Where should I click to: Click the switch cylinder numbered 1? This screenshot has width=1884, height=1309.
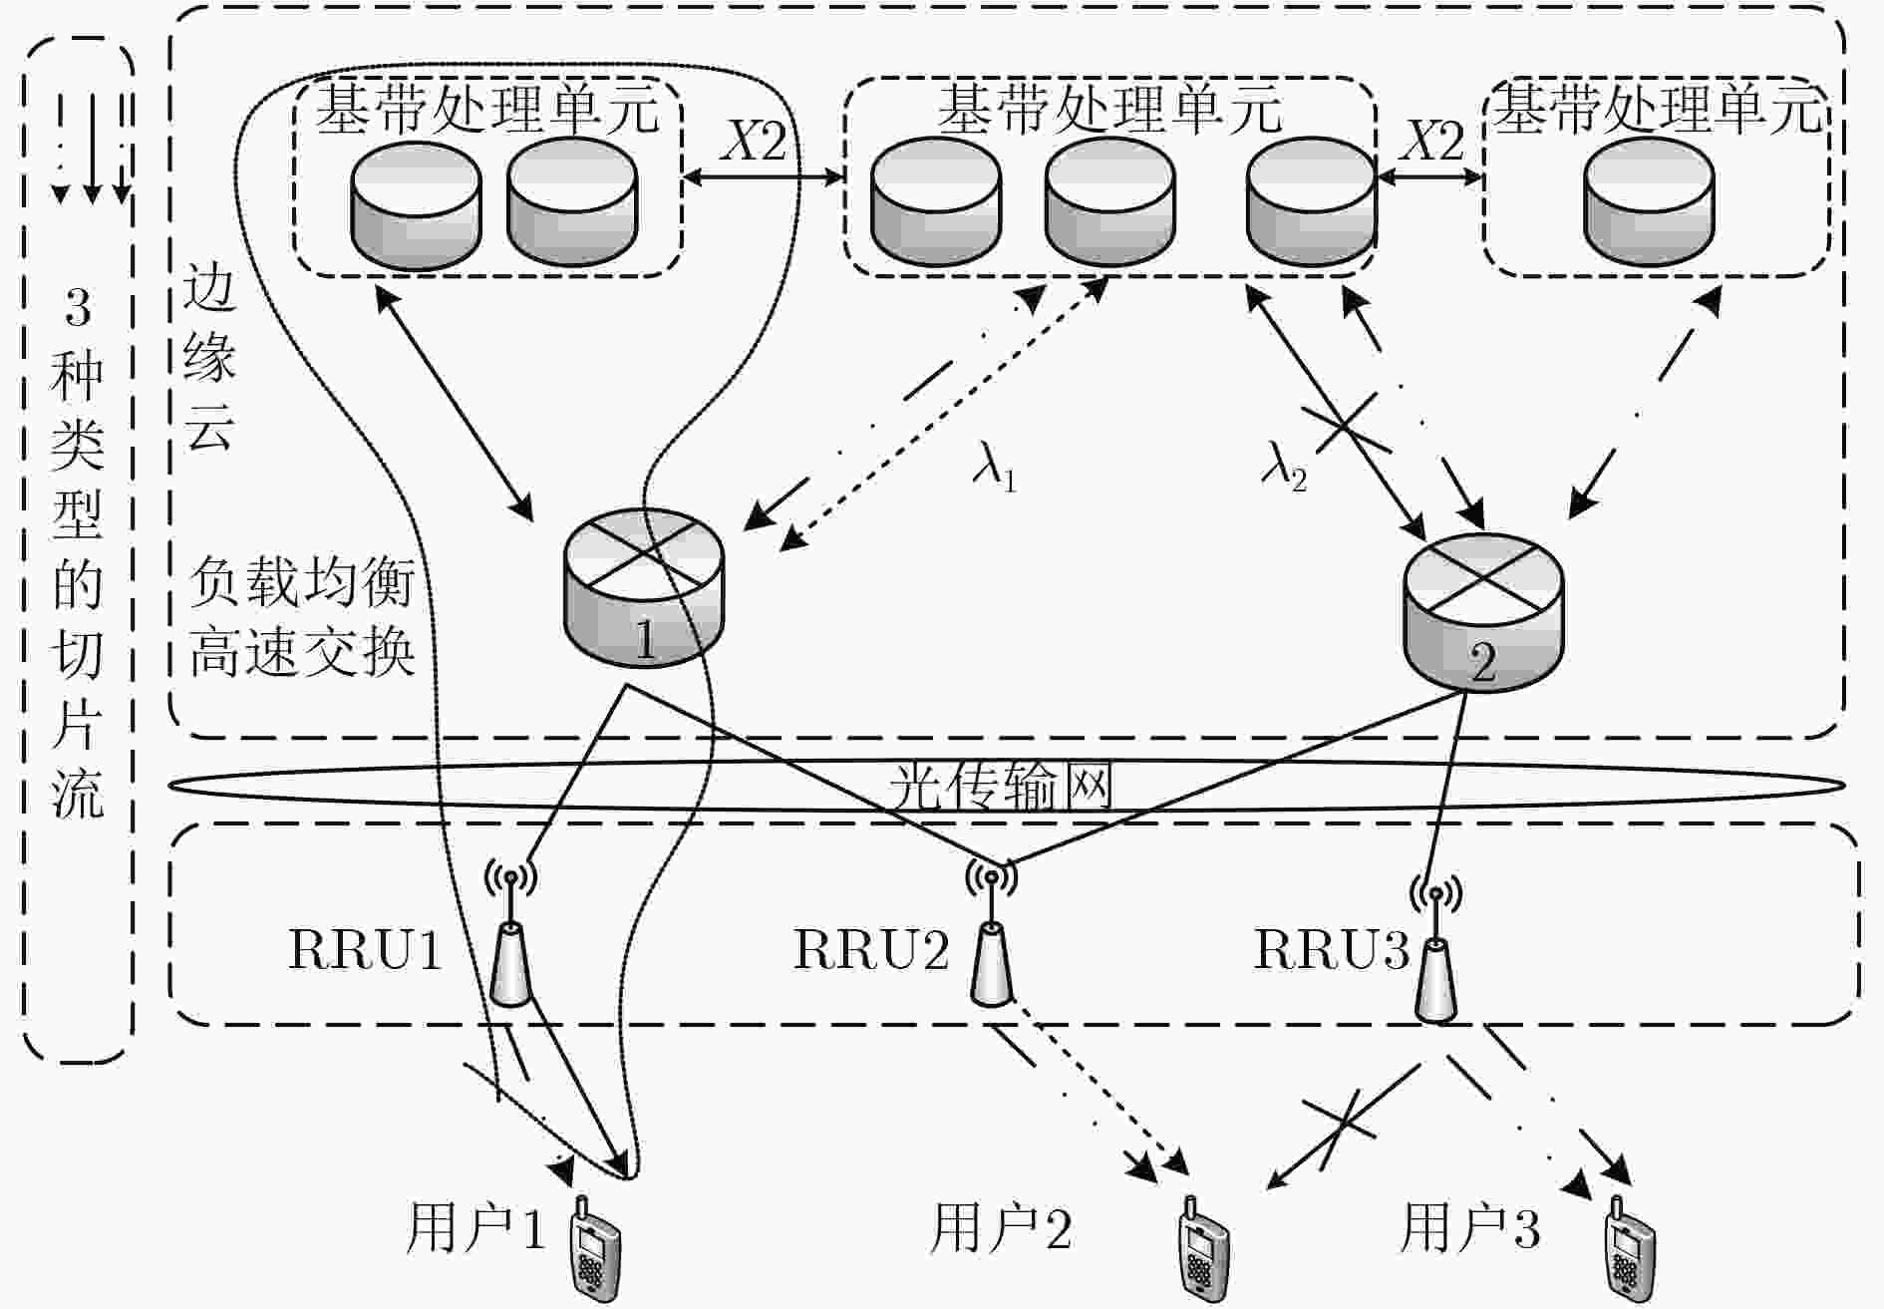click(x=643, y=587)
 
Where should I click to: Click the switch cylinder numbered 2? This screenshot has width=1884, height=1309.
click(x=1483, y=611)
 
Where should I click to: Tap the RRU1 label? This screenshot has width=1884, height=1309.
click(x=365, y=950)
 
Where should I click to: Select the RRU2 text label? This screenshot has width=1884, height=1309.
click(x=870, y=950)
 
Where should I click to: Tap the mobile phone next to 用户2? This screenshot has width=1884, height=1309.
click(x=1203, y=1246)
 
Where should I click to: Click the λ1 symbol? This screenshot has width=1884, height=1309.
click(x=994, y=467)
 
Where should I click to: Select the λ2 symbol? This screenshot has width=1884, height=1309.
click(x=1284, y=467)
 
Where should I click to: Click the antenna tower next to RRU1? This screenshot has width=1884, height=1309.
click(x=511, y=932)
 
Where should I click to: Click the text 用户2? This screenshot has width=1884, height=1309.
click(x=1000, y=1228)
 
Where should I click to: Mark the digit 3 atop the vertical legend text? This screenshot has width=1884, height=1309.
click(x=78, y=307)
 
